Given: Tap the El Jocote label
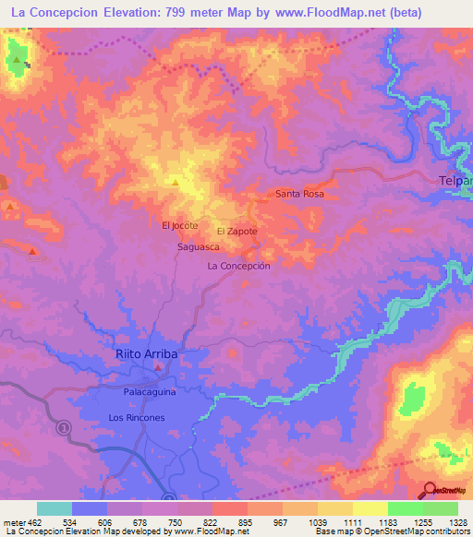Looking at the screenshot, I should tap(180, 225).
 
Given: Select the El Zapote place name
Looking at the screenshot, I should tap(236, 231).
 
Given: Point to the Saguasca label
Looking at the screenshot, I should tap(198, 248).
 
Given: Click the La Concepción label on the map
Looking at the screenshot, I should tap(238, 266).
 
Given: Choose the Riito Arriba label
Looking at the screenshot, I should tap(146, 354).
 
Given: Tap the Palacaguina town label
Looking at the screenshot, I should tap(150, 392).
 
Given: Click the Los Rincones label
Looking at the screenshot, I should tap(136, 418).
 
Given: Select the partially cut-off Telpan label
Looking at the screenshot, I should tap(455, 181).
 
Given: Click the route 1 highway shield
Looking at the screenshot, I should tap(64, 428).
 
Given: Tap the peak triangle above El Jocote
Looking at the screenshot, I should tap(176, 182).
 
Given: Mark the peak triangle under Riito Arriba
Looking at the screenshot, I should tap(158, 368).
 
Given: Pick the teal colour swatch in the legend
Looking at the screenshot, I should tap(54, 508).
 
